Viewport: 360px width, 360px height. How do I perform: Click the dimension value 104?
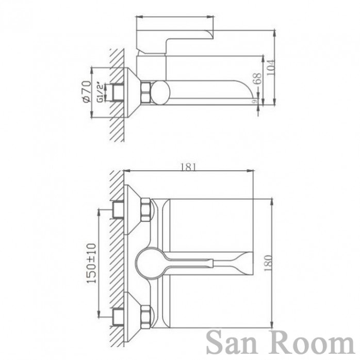(x=271, y=67)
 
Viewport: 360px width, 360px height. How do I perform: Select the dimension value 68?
(x=258, y=79)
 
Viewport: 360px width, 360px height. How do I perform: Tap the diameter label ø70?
(x=87, y=91)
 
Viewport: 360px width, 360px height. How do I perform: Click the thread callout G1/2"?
(x=101, y=92)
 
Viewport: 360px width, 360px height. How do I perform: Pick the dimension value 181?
(x=188, y=167)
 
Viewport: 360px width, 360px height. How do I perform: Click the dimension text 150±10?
(x=91, y=263)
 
